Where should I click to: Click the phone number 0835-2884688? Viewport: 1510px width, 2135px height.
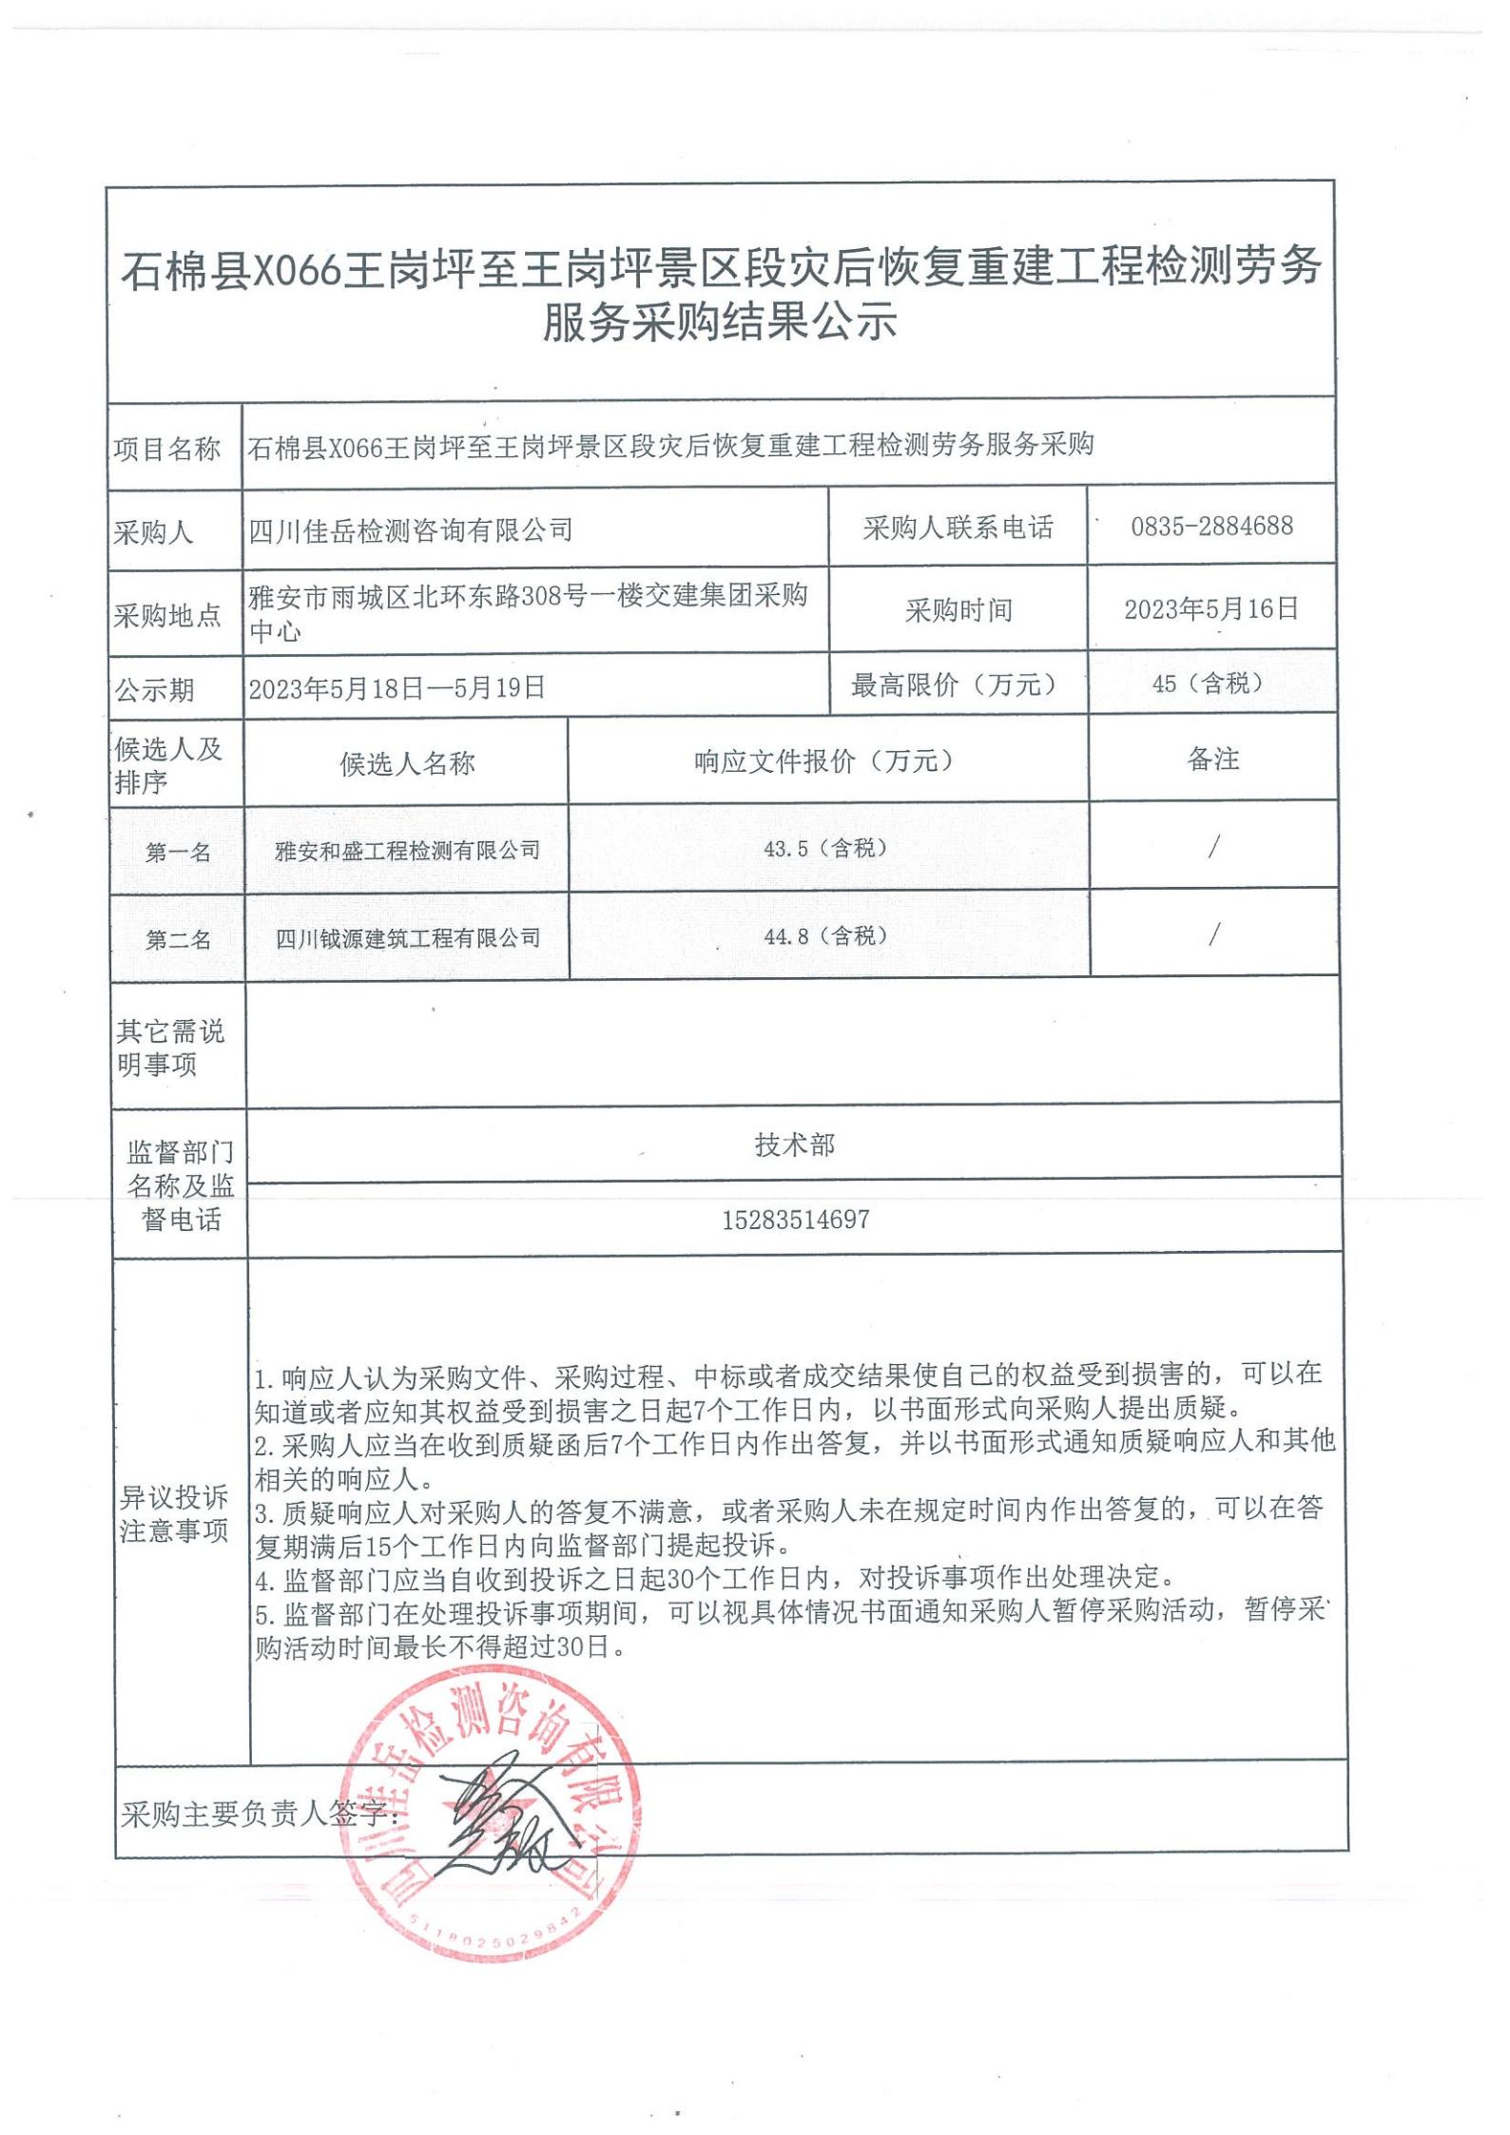point(1211,526)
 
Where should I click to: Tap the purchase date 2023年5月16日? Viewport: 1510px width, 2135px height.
point(1211,608)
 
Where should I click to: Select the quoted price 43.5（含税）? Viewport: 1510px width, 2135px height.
point(825,848)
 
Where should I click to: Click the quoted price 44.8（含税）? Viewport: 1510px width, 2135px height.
point(825,936)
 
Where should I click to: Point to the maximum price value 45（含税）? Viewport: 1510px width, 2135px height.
point(1207,683)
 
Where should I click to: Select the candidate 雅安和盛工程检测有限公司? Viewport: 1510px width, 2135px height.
point(407,850)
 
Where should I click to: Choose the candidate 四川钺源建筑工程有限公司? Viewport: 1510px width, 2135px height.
point(407,938)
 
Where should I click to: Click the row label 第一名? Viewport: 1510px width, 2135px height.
point(178,853)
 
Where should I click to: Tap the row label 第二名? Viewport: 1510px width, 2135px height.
point(178,940)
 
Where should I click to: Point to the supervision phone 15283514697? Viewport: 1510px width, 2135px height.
point(795,1220)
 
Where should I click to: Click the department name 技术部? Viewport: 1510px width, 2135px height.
point(795,1144)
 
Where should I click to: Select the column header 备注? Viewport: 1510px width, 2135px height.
point(1212,759)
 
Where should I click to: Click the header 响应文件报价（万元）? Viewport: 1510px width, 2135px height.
point(825,760)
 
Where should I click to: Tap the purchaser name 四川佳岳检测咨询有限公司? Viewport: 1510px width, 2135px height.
point(411,529)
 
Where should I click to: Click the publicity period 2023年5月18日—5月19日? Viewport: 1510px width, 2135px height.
point(397,687)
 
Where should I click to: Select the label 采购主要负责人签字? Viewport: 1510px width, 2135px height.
point(254,1815)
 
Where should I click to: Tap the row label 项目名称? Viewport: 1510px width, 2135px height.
point(167,449)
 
